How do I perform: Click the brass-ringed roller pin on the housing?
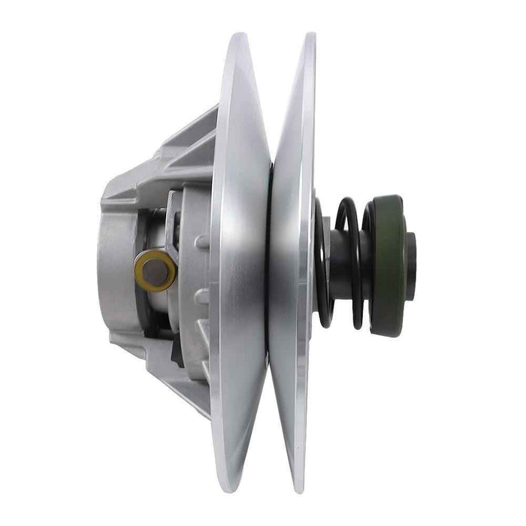[156, 271]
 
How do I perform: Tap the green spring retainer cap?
[389, 265]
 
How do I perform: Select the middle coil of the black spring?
[347, 263]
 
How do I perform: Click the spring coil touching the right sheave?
[322, 263]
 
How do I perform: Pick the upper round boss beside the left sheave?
[201, 242]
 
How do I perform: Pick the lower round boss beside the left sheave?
[201, 296]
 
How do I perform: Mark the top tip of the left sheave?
[239, 35]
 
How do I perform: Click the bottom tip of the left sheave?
[239, 490]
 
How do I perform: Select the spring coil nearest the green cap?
[366, 263]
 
